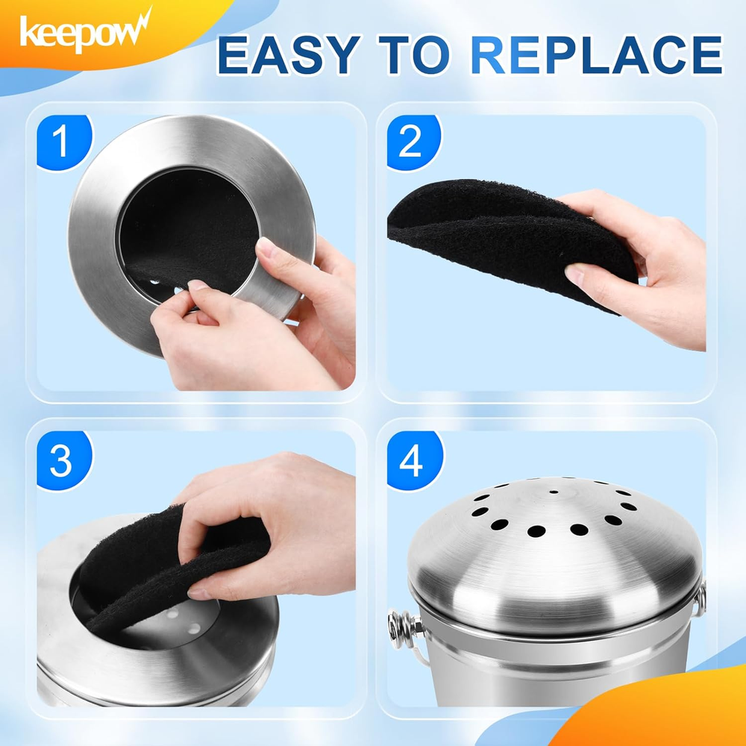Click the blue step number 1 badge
pos(61,142)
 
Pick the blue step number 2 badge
pos(410,142)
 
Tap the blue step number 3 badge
pos(60,463)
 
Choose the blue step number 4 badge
pos(411,463)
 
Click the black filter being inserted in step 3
pos(149,567)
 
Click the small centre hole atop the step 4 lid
pos(553,492)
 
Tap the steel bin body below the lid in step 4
pos(552,671)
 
